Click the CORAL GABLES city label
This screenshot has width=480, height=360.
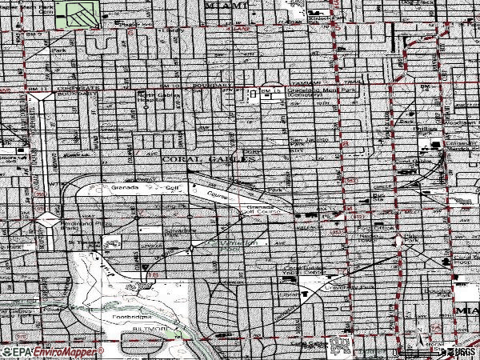tap(208, 159)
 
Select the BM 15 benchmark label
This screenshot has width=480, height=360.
tap(274, 91)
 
